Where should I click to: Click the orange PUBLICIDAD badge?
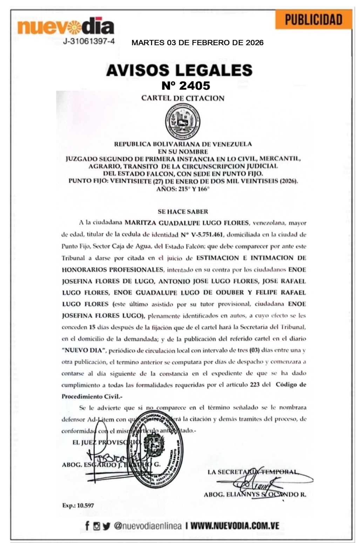click(313, 19)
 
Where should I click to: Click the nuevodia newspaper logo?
click(66, 27)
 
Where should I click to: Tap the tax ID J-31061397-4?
click(89, 41)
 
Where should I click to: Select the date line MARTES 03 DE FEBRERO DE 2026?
click(197, 43)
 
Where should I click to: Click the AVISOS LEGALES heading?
click(179, 70)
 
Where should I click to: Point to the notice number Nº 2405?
click(185, 85)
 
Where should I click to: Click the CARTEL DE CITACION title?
click(183, 98)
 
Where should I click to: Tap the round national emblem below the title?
click(183, 122)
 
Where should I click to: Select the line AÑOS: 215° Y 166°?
click(183, 189)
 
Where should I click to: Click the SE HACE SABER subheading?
click(183, 212)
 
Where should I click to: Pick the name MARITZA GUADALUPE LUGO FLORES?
click(187, 223)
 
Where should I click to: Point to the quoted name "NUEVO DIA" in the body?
click(84, 350)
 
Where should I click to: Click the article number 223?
click(254, 385)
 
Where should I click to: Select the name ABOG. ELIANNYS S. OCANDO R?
click(255, 495)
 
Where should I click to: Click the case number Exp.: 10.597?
click(78, 506)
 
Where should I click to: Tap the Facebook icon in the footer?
click(87, 526)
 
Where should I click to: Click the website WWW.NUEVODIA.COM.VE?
click(235, 526)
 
